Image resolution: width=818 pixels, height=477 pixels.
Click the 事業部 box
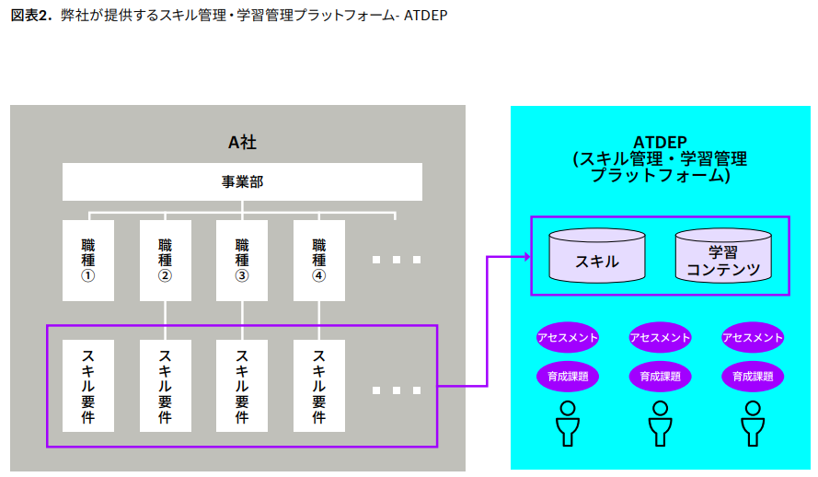coord(242,182)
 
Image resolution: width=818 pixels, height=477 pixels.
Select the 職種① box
coord(88,260)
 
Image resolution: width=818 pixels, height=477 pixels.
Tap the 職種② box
coord(166,260)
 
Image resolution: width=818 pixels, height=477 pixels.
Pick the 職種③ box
coord(242,260)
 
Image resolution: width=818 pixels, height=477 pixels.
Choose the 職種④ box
coord(319,260)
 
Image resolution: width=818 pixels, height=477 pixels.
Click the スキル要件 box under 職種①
coord(88,386)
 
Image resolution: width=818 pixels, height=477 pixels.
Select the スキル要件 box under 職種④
coord(319,386)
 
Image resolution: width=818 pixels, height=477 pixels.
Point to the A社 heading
coord(242,142)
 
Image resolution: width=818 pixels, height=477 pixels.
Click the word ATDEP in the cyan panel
coord(660,142)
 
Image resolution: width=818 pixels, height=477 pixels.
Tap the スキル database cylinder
coord(597,256)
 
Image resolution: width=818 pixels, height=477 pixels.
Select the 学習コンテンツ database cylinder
coord(723,256)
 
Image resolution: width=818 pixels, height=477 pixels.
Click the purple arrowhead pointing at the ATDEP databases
coord(525,256)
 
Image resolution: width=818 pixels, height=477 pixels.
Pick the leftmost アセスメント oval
coord(568,337)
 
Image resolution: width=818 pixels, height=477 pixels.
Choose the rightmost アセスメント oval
coord(753,337)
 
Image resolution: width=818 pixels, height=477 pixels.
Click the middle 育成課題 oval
coord(660,376)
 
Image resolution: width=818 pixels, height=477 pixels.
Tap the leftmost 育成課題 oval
coord(568,376)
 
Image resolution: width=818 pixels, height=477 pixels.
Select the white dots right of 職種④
coord(397,260)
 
